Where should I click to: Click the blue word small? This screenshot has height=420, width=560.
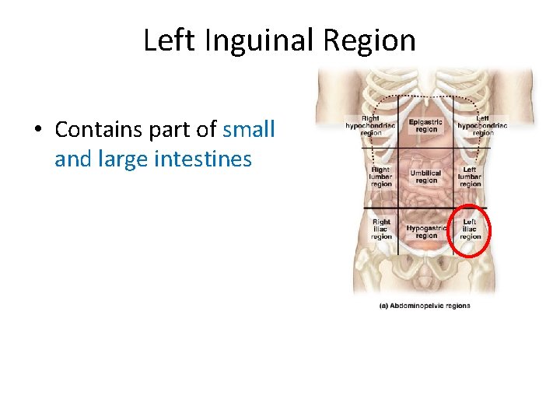pos(249,129)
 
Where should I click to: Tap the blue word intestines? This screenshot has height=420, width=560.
pos(203,159)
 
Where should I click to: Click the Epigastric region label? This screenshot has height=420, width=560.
pos(426,125)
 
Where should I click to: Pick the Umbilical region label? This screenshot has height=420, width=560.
pos(426,177)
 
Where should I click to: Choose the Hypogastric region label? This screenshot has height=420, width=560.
pos(426,232)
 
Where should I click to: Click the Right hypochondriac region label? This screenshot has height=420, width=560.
pos(371,125)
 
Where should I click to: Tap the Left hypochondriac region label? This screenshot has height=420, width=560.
pos(482,125)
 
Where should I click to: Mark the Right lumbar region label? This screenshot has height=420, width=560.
pos(381,177)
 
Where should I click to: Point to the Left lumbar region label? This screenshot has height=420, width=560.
pos(470,177)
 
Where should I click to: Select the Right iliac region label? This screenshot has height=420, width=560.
pos(381,229)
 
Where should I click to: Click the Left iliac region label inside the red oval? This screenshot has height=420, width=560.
pos(470,229)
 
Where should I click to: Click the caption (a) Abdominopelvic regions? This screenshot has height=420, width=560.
pos(425,306)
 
